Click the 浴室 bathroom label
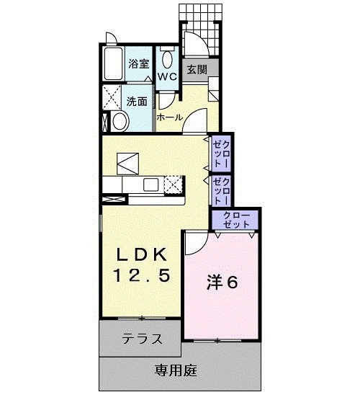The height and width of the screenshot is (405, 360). tap(138, 63)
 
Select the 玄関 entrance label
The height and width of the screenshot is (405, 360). tap(197, 70)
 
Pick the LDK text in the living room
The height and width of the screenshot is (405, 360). tap(143, 254)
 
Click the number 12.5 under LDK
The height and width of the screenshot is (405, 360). tap(143, 275)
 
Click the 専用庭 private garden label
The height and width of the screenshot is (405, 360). tap(176, 371)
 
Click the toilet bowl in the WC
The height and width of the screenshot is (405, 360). tap(167, 58)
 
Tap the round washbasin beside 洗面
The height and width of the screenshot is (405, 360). tap(120, 123)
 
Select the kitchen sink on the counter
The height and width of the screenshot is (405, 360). tap(153, 184)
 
